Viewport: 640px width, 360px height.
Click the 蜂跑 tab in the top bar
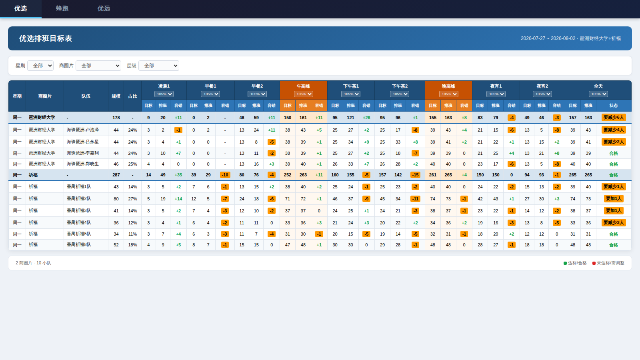62,8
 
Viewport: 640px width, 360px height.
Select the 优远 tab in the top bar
104,8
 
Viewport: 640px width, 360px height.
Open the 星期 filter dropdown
40,66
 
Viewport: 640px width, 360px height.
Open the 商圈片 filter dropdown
98,66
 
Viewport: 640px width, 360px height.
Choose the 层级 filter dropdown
158,66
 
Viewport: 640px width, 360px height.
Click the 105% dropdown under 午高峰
304,94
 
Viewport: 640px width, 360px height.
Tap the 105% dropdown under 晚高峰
448,94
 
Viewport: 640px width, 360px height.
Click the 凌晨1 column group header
164,86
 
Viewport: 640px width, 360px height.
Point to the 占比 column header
132,96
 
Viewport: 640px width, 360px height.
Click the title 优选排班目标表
46,38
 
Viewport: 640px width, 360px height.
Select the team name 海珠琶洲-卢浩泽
82,130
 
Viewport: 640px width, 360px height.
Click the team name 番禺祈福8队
79,245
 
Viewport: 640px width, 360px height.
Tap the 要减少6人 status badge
614,118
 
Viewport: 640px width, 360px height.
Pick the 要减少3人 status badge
614,222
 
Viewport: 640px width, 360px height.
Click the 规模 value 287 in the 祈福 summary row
116,175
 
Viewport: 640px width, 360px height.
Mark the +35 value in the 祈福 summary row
178,175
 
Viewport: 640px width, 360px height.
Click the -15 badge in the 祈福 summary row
415,175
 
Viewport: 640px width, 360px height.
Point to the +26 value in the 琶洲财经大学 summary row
366,118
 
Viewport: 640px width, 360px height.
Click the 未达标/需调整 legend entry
608,263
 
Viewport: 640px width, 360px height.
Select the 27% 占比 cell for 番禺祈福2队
132,199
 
